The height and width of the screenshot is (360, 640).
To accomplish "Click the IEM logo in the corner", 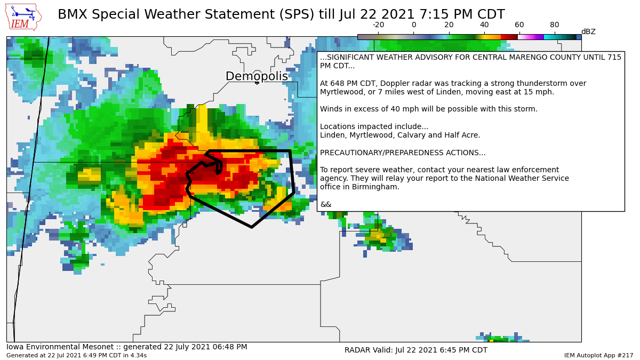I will pyautogui.click(x=23, y=17).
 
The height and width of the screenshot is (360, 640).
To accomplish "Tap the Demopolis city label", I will pyautogui.click(x=257, y=76).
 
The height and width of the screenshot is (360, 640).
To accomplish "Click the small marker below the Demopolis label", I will pyautogui.click(x=257, y=83).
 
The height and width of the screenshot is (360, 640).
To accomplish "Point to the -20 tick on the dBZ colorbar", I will pyautogui.click(x=378, y=25).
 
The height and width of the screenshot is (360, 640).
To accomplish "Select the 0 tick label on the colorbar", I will pyautogui.click(x=414, y=25).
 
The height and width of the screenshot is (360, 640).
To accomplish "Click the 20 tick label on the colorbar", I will pyautogui.click(x=449, y=25).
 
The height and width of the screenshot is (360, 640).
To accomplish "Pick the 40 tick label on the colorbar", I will pyautogui.click(x=484, y=25).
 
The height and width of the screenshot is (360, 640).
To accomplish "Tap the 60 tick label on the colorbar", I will pyautogui.click(x=519, y=25).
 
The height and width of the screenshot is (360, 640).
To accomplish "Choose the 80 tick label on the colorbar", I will pyautogui.click(x=555, y=25).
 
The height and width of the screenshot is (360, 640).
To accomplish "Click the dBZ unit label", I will pyautogui.click(x=588, y=32).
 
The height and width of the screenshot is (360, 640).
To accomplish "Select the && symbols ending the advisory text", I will pyautogui.click(x=325, y=205).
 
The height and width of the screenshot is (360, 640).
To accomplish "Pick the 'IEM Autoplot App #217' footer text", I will pyautogui.click(x=598, y=355).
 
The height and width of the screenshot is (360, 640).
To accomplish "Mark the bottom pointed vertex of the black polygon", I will pyautogui.click(x=252, y=227).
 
